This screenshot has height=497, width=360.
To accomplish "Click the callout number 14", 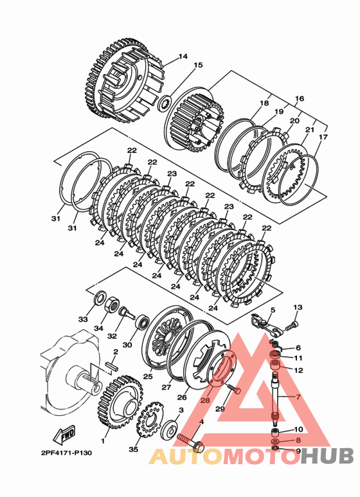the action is pyautogui.click(x=183, y=57).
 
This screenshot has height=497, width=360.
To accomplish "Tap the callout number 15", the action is pyautogui.click(x=198, y=65).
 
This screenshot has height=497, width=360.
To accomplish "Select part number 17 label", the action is pyautogui.click(x=323, y=137).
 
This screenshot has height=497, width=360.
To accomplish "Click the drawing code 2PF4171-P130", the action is pyautogui.click(x=67, y=453).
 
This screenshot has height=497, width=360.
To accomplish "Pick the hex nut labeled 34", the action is pyautogui.click(x=112, y=305).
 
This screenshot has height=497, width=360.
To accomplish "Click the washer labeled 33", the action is pyautogui.click(x=100, y=298).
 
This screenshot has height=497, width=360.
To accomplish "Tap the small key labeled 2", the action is pyautogui.click(x=113, y=366).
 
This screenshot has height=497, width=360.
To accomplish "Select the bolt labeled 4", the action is pyautogui.click(x=190, y=443).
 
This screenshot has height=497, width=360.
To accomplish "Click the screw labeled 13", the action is pyautogui.click(x=292, y=326).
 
